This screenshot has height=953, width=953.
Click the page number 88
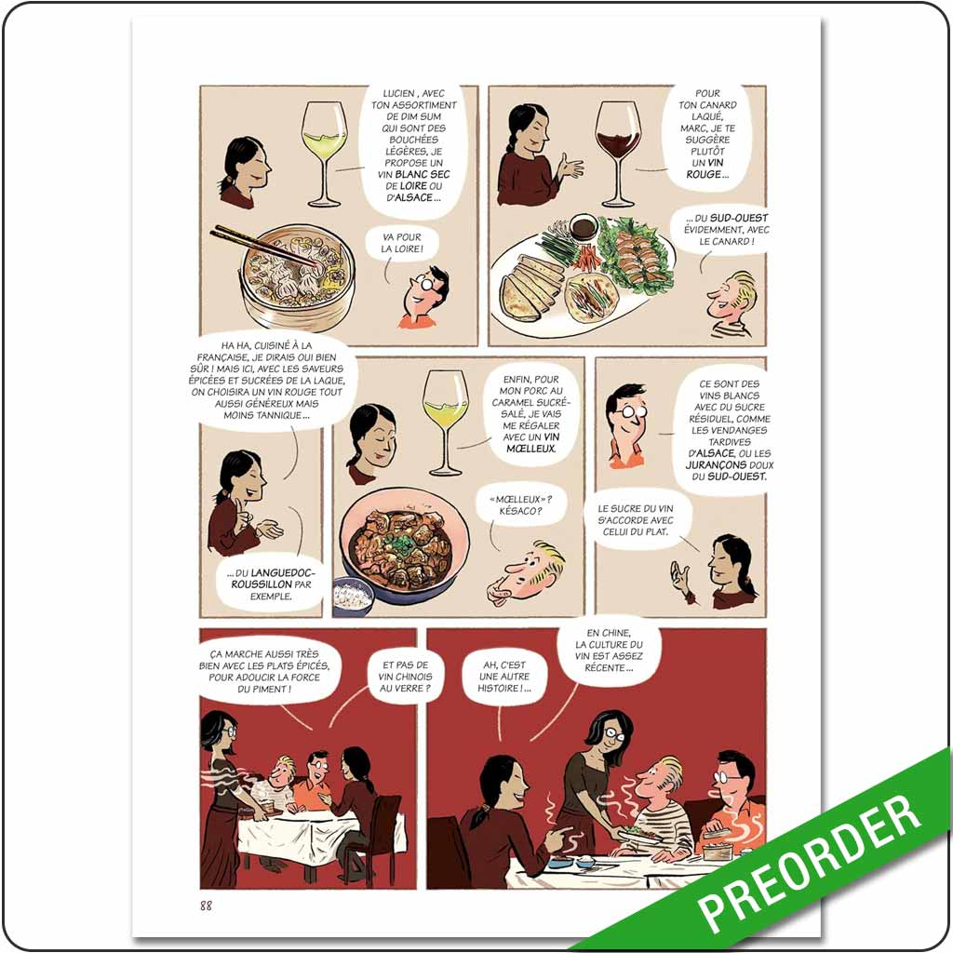tap(206, 906)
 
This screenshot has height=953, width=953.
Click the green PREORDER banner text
tap(809, 862)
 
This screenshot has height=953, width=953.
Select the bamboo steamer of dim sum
tap(297, 276)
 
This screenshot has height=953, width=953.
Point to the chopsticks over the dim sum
tap(265, 246)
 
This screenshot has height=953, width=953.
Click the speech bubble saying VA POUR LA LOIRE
tap(401, 243)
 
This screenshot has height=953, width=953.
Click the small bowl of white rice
tap(353, 596)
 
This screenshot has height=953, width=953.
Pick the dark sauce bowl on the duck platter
tap(583, 227)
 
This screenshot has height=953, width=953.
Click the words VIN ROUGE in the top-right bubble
tap(707, 168)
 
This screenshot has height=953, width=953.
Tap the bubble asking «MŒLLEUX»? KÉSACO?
tap(521, 505)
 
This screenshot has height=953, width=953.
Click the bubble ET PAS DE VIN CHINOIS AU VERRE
tap(406, 677)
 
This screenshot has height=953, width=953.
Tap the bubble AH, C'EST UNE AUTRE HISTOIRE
tap(504, 677)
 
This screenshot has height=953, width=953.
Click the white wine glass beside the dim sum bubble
tap(324, 154)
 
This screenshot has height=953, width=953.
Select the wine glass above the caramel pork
tap(446, 423)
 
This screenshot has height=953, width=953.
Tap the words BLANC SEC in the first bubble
tap(423, 174)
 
